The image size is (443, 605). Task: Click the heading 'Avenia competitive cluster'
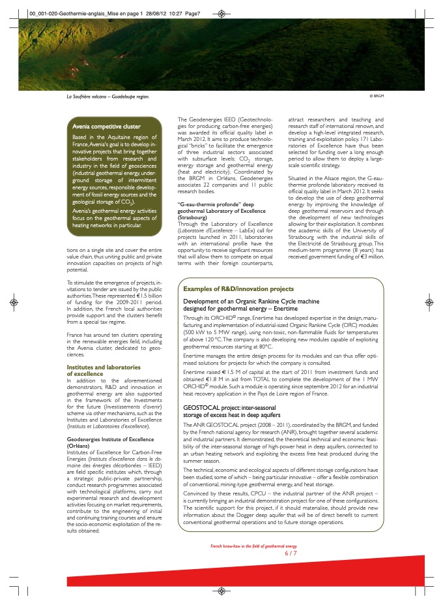(106, 127)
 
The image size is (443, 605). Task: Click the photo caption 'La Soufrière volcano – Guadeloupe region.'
(103, 97)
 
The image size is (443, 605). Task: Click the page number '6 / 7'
(291, 553)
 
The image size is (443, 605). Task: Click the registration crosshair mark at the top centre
(222, 12)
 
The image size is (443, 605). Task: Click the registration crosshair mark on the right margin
(429, 303)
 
